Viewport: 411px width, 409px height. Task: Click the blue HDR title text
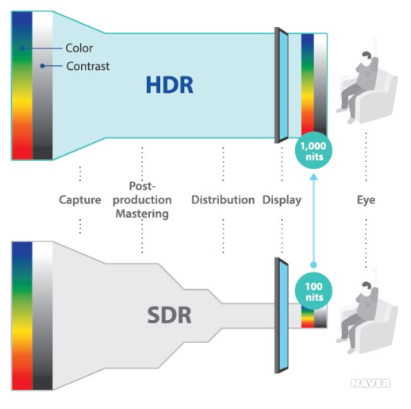pyautogui.click(x=170, y=85)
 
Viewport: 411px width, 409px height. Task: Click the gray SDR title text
pyautogui.click(x=169, y=315)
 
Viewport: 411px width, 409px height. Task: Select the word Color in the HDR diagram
pyautogui.click(x=79, y=48)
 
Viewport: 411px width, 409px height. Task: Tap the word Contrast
pyautogui.click(x=88, y=66)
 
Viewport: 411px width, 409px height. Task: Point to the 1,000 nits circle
pyautogui.click(x=313, y=150)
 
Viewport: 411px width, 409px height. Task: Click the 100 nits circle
pyautogui.click(x=313, y=291)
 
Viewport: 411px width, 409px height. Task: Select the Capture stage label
pyautogui.click(x=80, y=200)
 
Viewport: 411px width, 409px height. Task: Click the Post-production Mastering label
pyautogui.click(x=142, y=200)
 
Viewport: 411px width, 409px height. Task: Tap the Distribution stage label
pyautogui.click(x=223, y=200)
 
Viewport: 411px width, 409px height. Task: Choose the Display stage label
pyautogui.click(x=282, y=200)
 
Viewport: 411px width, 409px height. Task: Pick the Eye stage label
pyautogui.click(x=366, y=200)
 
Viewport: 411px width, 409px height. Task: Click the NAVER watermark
pyautogui.click(x=371, y=384)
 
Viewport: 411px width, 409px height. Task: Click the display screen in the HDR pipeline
pyautogui.click(x=282, y=85)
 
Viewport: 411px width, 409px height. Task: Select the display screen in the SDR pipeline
pyautogui.click(x=282, y=315)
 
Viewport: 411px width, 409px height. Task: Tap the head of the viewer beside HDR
pyautogui.click(x=367, y=57)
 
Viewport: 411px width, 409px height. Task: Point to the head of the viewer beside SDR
pyautogui.click(x=367, y=287)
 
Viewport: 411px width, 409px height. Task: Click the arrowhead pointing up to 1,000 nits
pyautogui.click(x=313, y=177)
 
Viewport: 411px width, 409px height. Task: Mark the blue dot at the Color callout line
pyautogui.click(x=22, y=48)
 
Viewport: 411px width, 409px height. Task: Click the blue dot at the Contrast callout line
pyautogui.click(x=42, y=66)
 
